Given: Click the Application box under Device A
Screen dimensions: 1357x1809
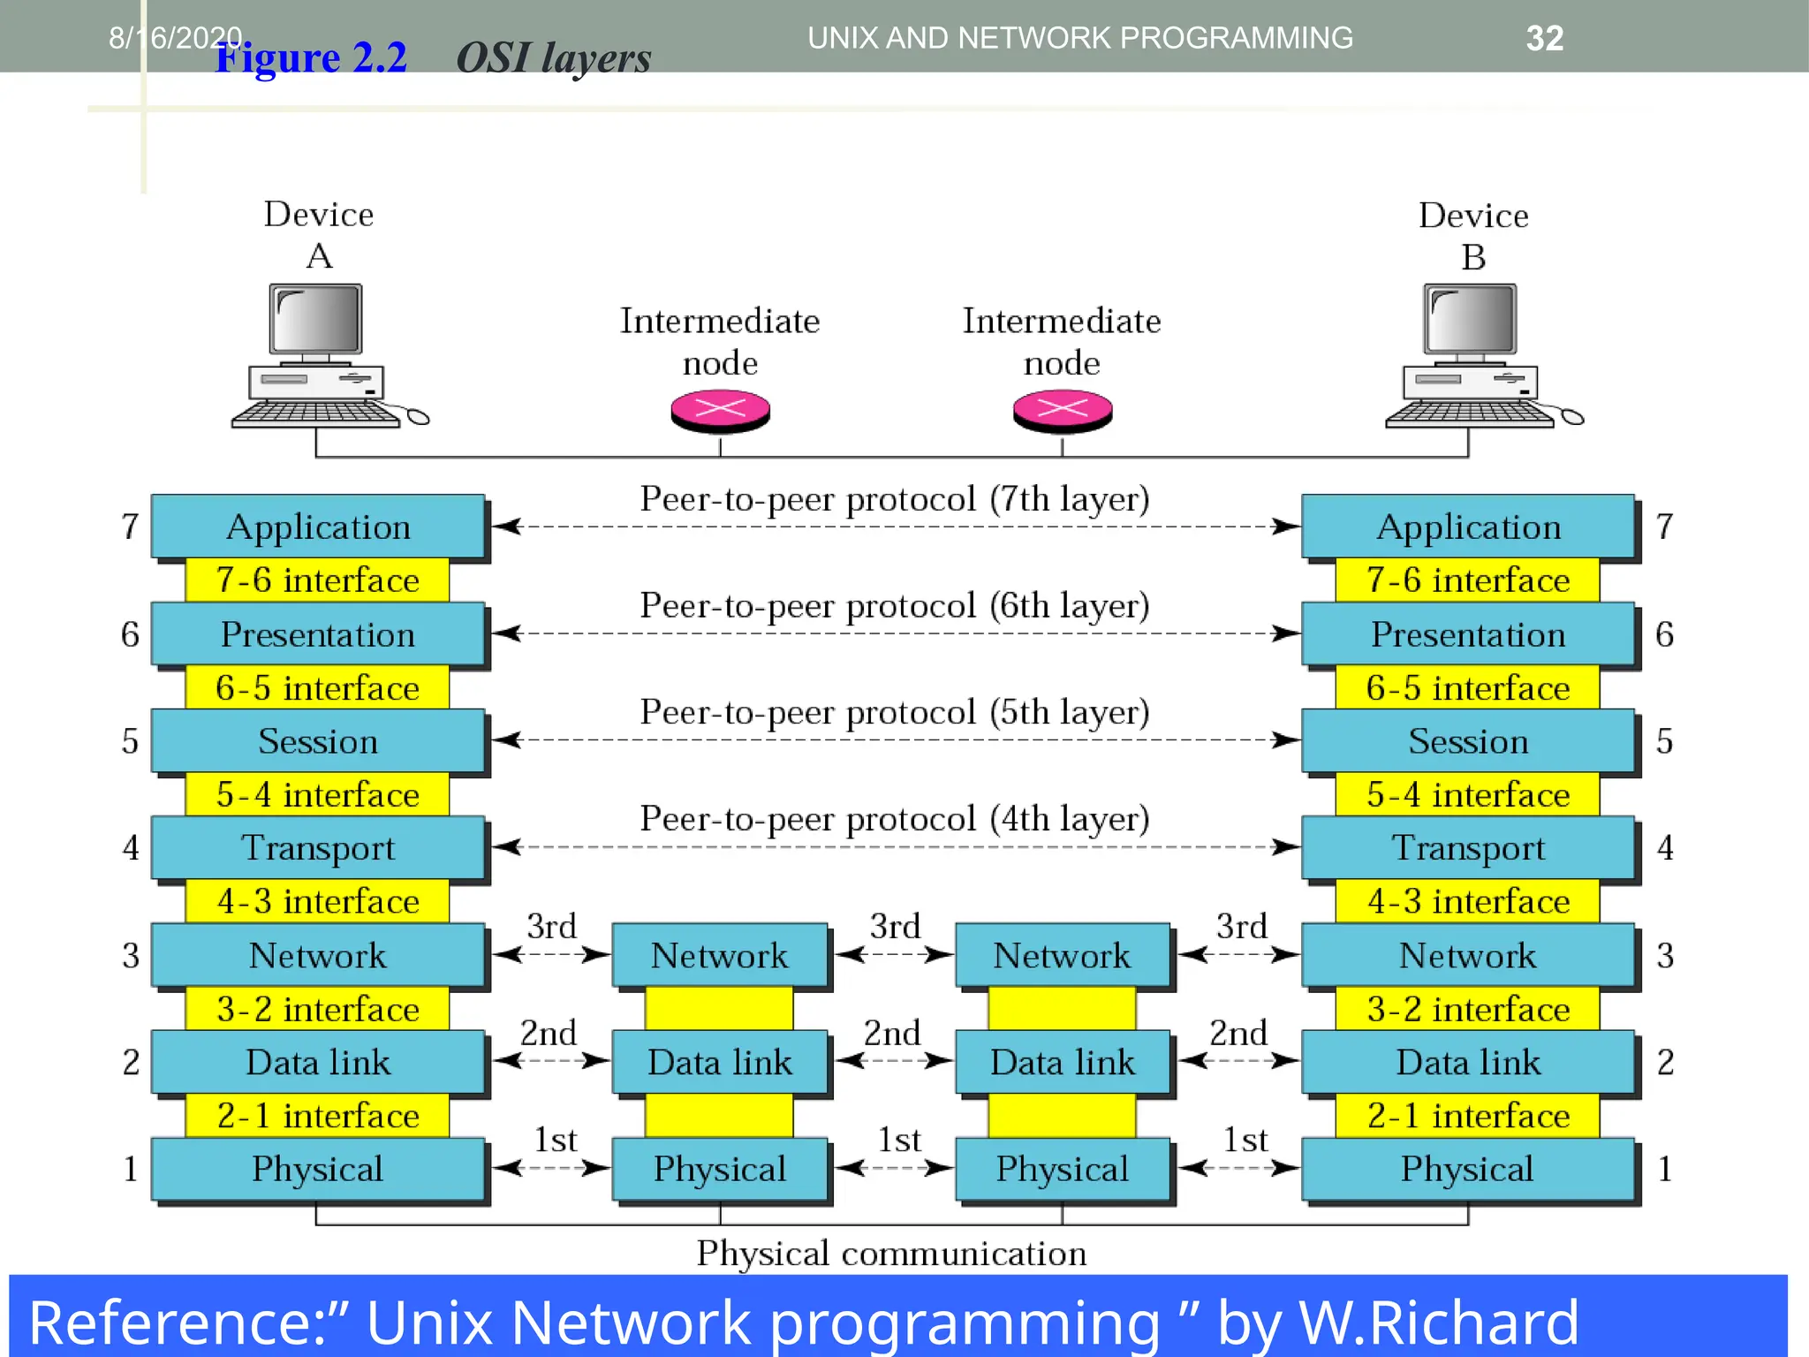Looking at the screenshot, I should tap(318, 527).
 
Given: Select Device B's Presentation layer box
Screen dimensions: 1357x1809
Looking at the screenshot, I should tap(1467, 634).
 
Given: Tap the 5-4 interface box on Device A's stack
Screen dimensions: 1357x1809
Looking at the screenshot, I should tap(317, 794).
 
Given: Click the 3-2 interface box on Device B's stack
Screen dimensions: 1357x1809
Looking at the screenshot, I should tap(1467, 1009).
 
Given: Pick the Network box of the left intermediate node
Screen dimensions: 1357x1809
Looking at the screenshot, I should tap(719, 955).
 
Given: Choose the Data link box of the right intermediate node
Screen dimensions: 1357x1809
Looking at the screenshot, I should tap(1062, 1062).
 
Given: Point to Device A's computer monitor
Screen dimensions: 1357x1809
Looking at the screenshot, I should tap(316, 320).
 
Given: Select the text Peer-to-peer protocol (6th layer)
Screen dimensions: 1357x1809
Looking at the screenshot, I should tap(894, 606).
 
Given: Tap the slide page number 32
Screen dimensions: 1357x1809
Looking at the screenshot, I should tap(1544, 38).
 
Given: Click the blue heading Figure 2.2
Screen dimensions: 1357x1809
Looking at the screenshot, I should tap(311, 58).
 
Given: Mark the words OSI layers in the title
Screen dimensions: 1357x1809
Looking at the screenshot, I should tap(553, 58).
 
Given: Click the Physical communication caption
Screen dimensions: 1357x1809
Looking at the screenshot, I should tap(890, 1254).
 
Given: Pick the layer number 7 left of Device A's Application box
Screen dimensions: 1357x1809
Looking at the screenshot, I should tap(130, 527).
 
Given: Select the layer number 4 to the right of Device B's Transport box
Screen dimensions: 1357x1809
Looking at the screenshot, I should tap(1665, 848).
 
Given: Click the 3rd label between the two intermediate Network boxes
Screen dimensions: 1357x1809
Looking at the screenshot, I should tap(895, 926).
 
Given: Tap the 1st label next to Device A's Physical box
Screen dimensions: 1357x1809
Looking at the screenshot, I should tap(555, 1140).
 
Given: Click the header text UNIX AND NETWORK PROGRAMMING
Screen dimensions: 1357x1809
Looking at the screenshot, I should tap(1079, 38).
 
